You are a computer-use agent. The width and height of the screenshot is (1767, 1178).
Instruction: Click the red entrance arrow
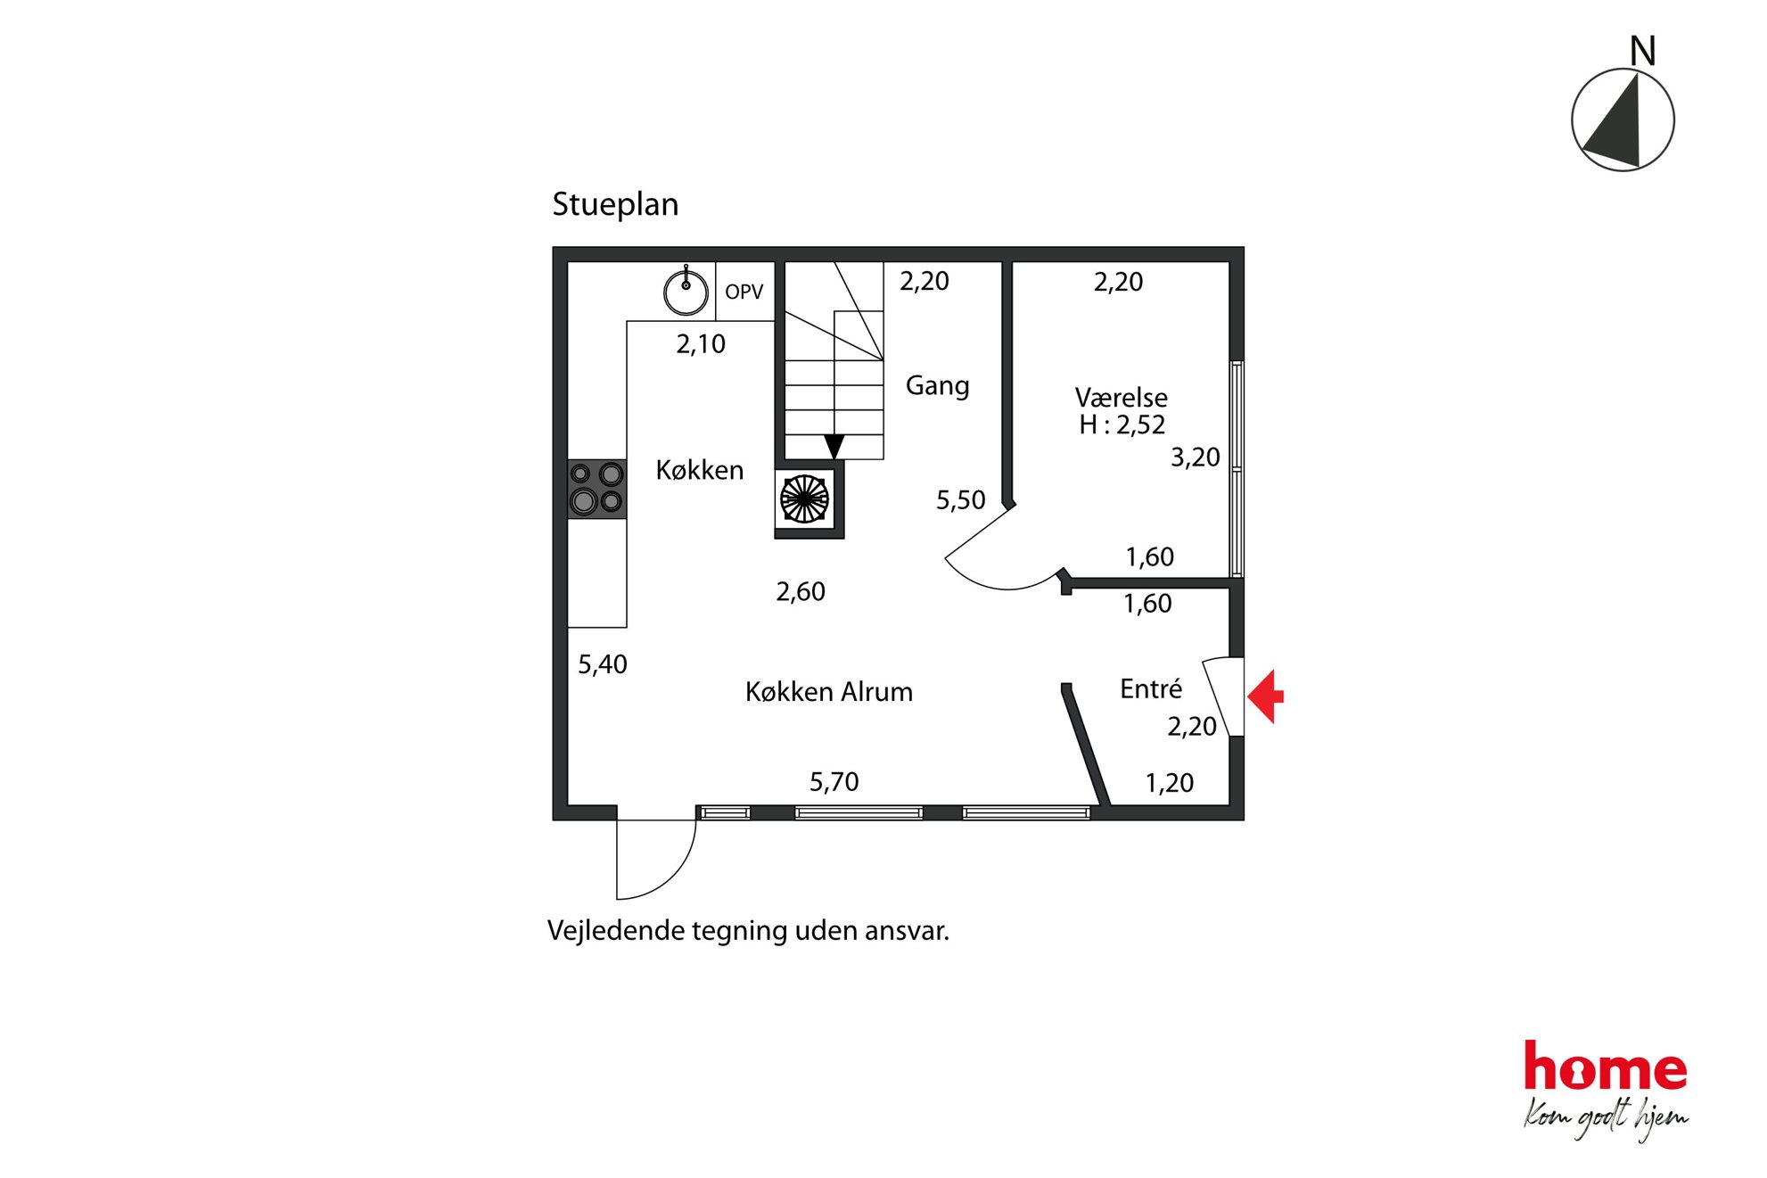1266,696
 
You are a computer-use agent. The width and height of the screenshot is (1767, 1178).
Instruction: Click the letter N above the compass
1642,51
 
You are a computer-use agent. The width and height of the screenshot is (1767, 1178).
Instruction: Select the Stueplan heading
615,205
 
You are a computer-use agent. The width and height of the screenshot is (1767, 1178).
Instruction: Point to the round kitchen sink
686,291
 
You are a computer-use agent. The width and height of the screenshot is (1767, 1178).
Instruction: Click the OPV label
744,292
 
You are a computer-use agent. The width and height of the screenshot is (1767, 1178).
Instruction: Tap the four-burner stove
597,489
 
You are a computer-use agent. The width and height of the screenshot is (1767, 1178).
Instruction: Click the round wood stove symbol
805,498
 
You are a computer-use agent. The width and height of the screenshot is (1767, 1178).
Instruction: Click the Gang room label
937,386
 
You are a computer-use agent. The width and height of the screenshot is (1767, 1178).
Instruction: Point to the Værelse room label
1121,398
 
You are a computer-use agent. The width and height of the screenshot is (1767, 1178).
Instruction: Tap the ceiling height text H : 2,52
1122,425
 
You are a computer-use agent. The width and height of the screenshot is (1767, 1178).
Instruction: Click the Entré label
1151,688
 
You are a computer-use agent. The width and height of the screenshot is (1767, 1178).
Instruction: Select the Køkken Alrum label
829,692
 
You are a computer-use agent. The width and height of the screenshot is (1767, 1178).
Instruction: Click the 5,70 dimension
834,782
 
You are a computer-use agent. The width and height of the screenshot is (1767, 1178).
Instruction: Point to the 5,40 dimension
603,664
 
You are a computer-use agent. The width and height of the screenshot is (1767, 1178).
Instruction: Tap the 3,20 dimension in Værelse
1196,457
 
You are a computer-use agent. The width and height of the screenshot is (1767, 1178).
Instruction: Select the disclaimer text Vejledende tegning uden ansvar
749,931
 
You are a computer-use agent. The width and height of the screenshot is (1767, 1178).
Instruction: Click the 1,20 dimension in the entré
1170,783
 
